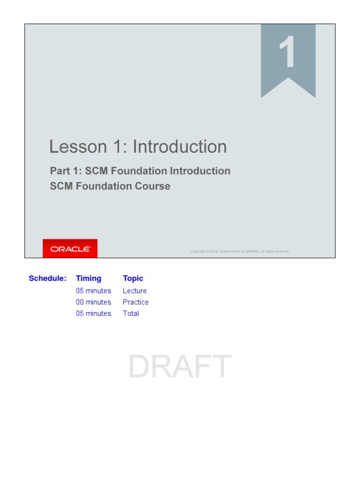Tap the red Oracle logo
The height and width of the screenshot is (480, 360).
(x=70, y=249)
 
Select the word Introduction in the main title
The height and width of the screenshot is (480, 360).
(x=180, y=147)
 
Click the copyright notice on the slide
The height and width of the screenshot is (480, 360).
(x=240, y=251)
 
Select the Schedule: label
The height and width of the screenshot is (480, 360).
(x=47, y=278)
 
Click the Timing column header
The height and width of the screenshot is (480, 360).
(x=89, y=278)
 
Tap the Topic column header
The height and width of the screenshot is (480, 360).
(x=133, y=278)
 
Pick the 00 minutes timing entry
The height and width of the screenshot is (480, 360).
(x=93, y=302)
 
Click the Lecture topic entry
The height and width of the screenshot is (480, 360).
(x=135, y=291)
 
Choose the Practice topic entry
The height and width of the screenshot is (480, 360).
(x=135, y=302)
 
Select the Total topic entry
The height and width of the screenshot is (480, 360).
(x=131, y=314)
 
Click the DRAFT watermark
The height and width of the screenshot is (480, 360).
(x=180, y=367)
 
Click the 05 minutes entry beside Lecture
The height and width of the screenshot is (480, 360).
(x=93, y=291)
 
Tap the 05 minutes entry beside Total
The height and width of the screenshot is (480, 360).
(x=93, y=314)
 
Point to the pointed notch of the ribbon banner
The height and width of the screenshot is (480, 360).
(x=288, y=79)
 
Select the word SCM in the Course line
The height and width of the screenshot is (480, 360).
(x=61, y=186)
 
